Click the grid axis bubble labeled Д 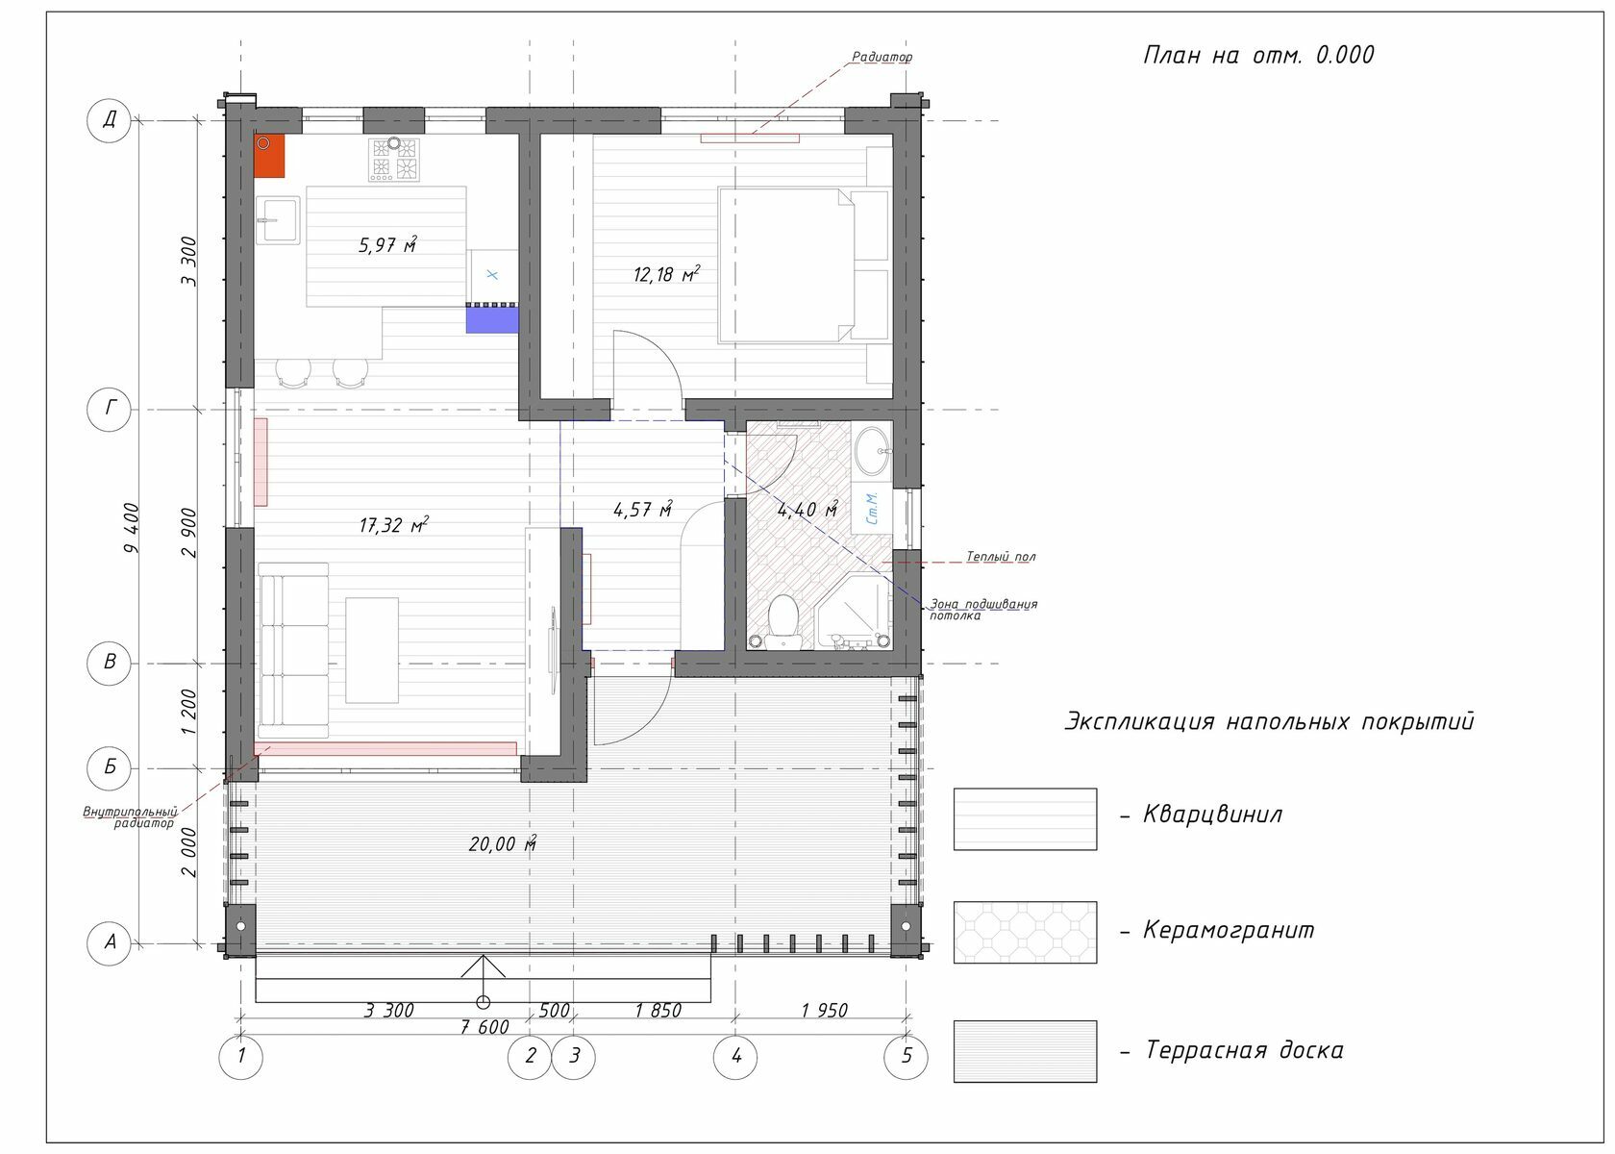point(109,120)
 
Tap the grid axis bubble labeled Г point(109,409)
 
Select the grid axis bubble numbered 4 point(735,1057)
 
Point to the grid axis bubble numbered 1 point(240,1057)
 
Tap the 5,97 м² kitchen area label point(388,244)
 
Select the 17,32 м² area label point(394,524)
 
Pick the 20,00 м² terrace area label point(503,843)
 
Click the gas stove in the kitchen point(394,159)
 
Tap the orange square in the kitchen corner point(269,156)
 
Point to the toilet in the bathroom point(783,621)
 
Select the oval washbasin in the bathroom point(873,452)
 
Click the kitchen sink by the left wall point(279,221)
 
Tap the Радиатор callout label point(882,57)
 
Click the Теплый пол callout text point(1001,557)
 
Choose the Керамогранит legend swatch point(1025,932)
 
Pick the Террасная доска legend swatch point(1025,1052)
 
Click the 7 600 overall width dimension point(484,1026)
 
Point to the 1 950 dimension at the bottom point(824,1011)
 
